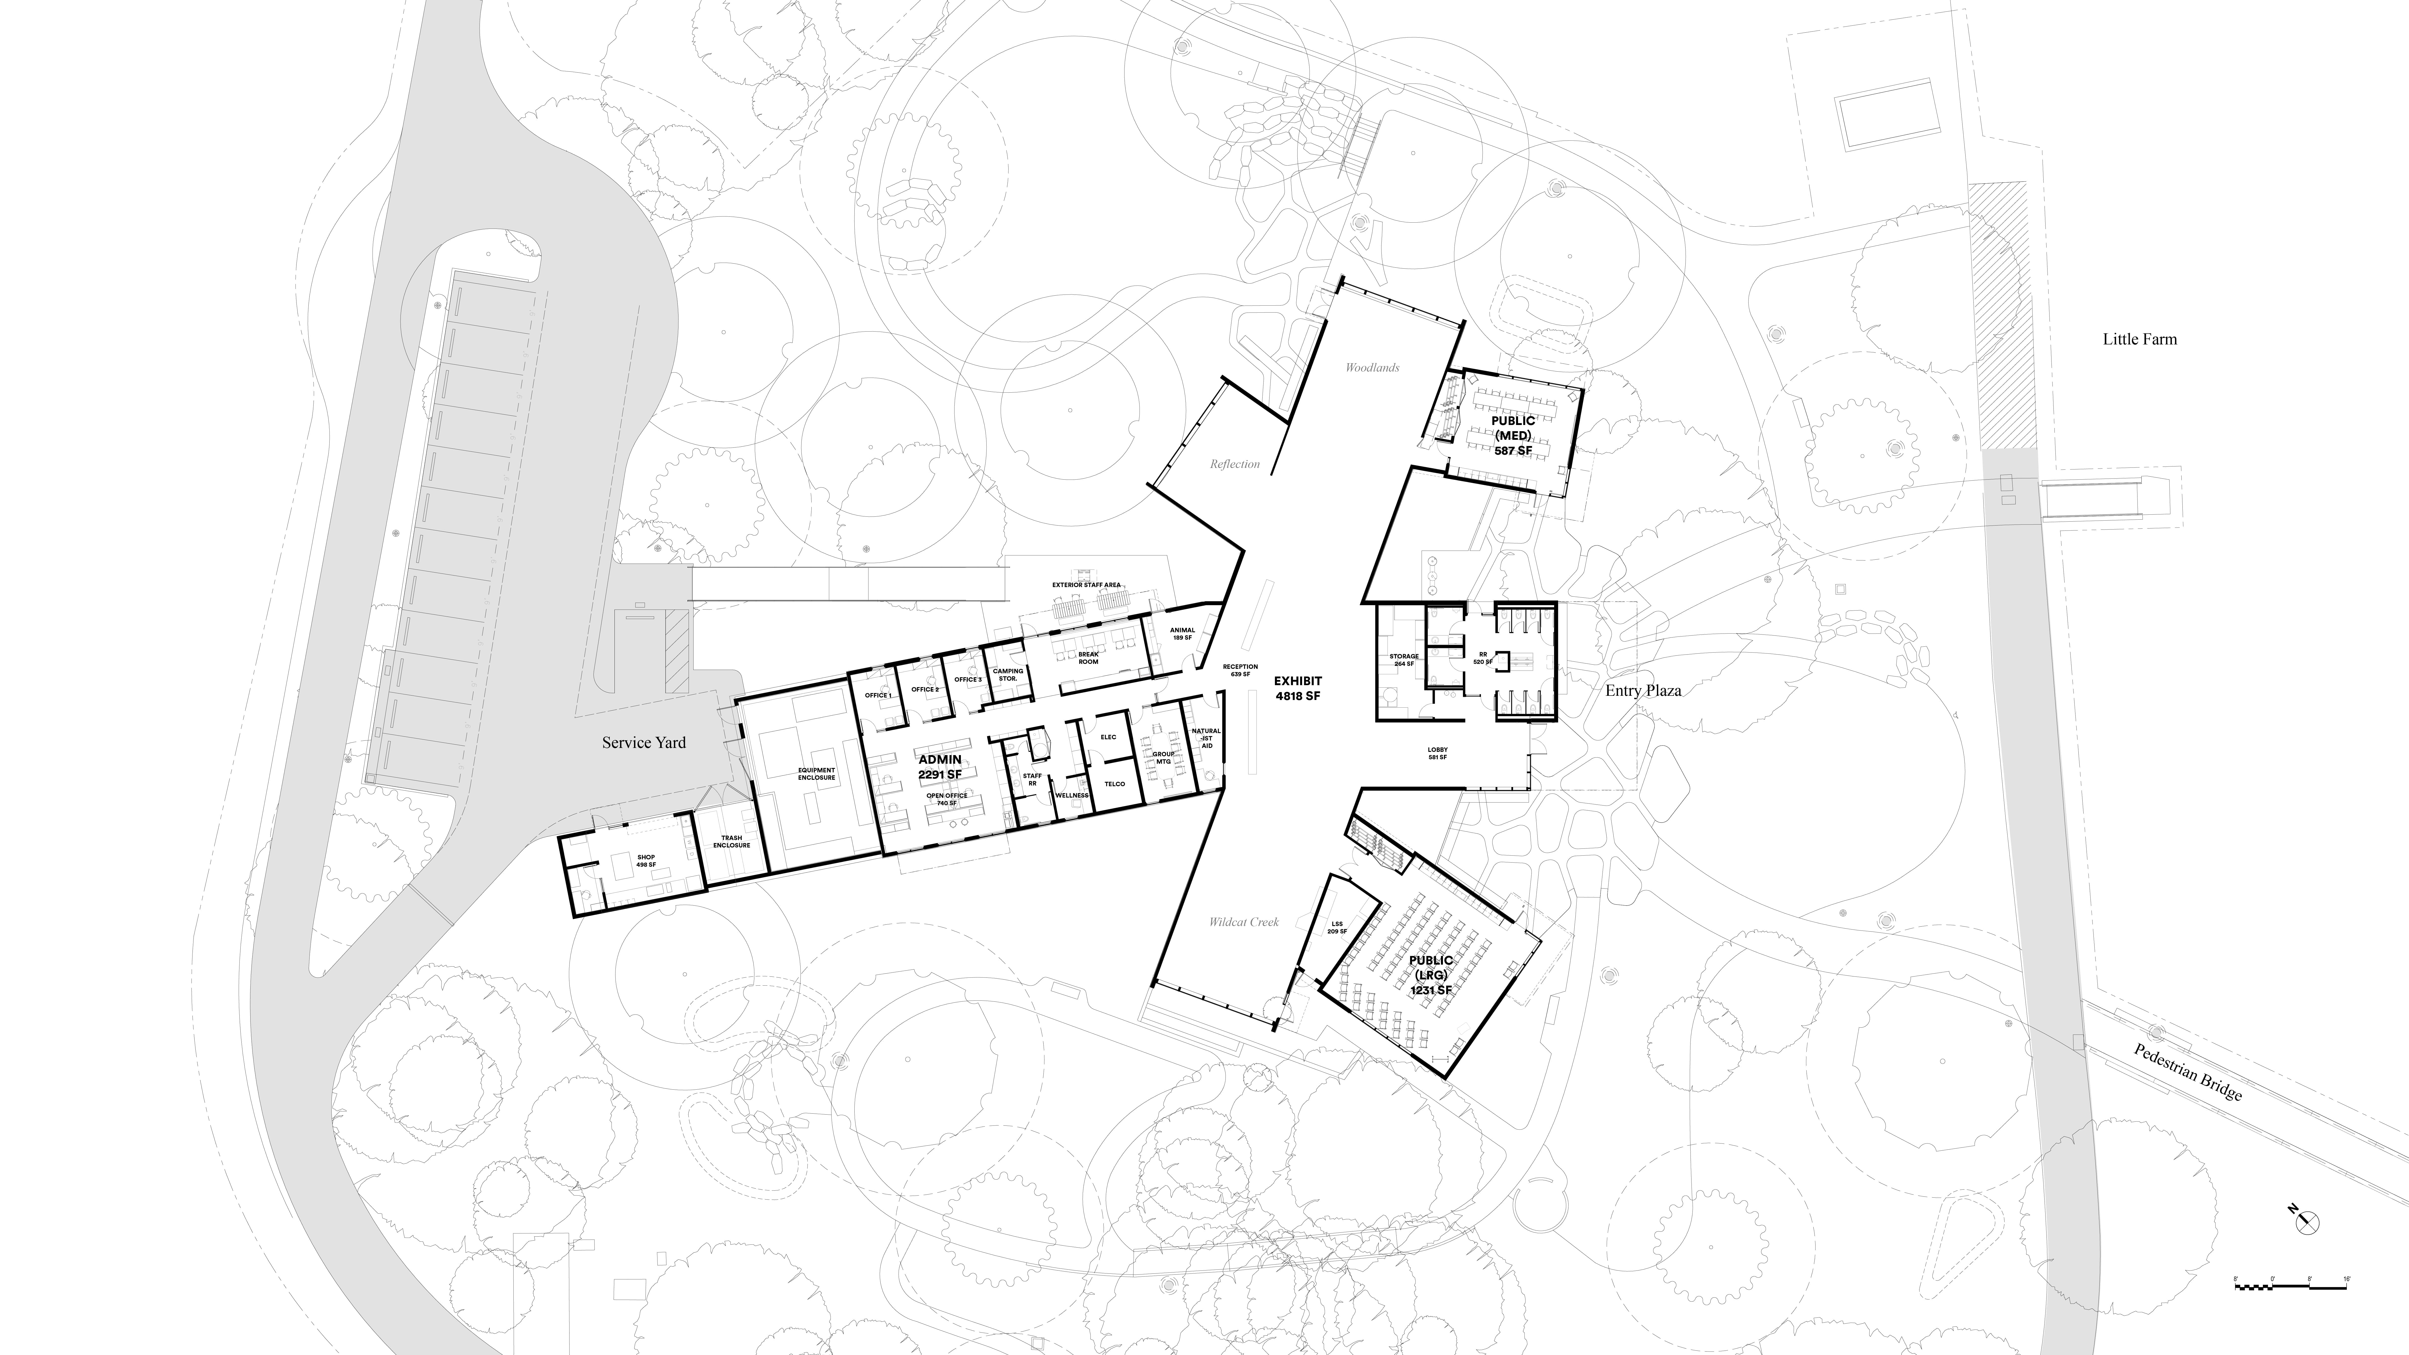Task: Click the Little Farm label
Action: [2140, 339]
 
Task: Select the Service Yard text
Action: [643, 742]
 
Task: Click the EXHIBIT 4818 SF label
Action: [1298, 688]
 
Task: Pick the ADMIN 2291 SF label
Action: [940, 767]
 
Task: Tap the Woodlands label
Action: [1372, 367]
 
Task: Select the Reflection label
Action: [1234, 464]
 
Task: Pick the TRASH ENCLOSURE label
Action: [731, 842]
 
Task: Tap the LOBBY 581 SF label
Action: [1437, 753]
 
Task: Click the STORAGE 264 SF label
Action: [1404, 660]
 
